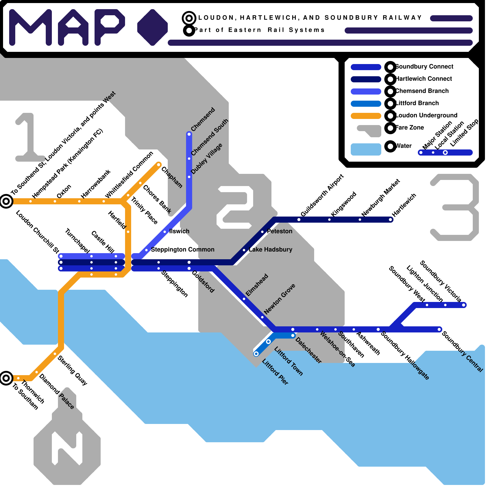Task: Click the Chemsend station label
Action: tap(203, 119)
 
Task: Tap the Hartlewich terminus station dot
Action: tap(391, 220)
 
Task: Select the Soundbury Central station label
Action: tap(462, 352)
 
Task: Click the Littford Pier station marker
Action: tap(256, 354)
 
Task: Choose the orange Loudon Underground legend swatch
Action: tap(366, 116)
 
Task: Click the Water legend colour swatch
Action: tap(366, 149)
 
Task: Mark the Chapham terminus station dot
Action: tap(159, 165)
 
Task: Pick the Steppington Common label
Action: tap(182, 249)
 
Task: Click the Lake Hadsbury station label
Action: tap(270, 249)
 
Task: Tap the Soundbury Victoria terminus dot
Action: tap(464, 305)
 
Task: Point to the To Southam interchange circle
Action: tap(6, 378)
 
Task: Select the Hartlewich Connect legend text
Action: tap(424, 79)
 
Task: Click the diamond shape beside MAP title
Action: tap(152, 27)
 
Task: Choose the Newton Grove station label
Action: tap(280, 299)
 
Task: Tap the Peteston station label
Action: tap(279, 231)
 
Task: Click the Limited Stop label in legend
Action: tap(464, 133)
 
